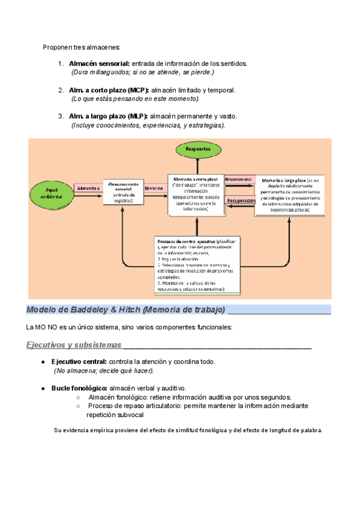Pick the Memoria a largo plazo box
[290, 195]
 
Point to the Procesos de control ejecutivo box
[197, 265]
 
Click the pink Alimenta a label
[88, 188]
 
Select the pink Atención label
[155, 188]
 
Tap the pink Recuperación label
[241, 201]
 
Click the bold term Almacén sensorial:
[99, 64]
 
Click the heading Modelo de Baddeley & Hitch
[125, 310]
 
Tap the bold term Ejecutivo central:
[79, 362]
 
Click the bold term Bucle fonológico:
[79, 388]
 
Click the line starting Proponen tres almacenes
[82, 47]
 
